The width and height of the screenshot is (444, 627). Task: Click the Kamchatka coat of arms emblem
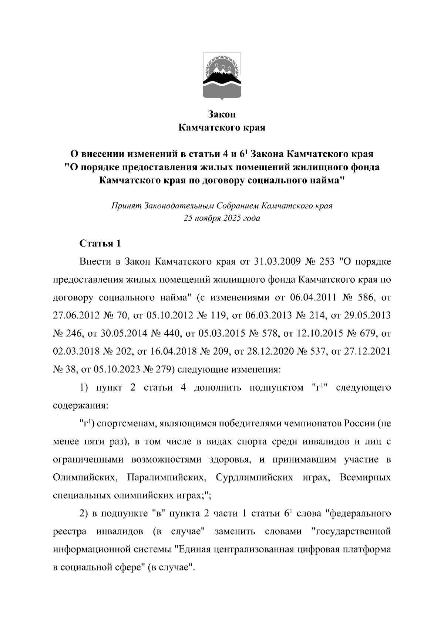[x=222, y=76]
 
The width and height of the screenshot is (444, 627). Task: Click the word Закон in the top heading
[x=222, y=114]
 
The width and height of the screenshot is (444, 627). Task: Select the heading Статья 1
[x=100, y=243]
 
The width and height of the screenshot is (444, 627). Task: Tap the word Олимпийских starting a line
[x=84, y=477]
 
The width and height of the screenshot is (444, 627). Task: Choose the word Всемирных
[x=365, y=477]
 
